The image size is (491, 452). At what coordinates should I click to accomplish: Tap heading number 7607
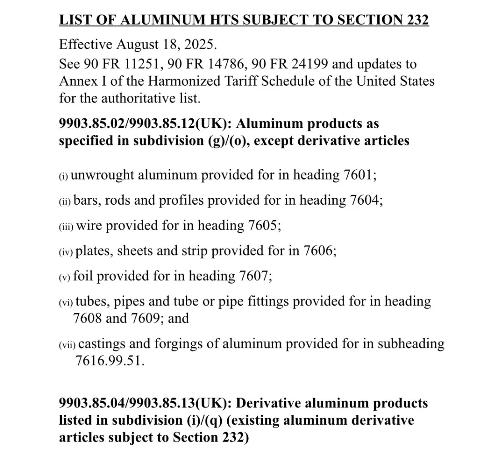[x=253, y=276]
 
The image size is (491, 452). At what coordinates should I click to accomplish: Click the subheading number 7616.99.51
[x=109, y=361]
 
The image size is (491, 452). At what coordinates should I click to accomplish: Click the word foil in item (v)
[x=83, y=276]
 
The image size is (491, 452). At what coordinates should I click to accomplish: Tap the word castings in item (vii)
[x=101, y=344]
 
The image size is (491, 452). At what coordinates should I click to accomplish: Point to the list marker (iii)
[x=66, y=226]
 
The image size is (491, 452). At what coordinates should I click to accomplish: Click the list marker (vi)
[x=66, y=302]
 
